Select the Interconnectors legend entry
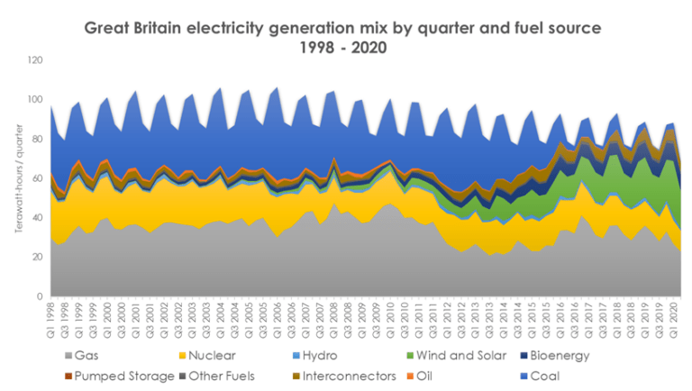tap(345, 377)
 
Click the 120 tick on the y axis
tap(35, 60)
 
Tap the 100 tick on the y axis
tap(35, 100)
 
